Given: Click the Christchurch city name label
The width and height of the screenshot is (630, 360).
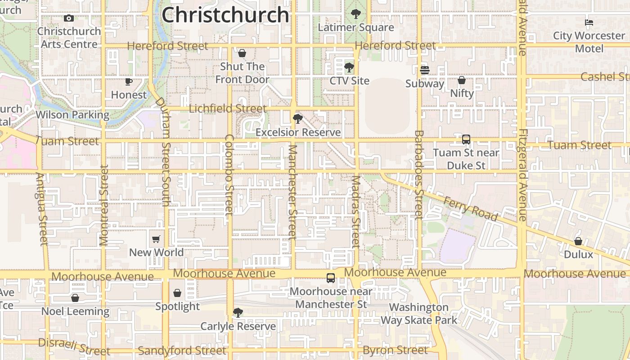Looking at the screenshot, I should (x=225, y=15).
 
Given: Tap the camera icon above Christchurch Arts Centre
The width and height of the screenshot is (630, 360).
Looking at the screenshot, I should (x=69, y=18).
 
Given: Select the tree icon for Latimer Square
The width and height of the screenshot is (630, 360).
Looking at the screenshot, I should (x=356, y=14).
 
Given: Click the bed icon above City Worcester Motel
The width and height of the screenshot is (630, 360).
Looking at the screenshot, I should (x=589, y=22).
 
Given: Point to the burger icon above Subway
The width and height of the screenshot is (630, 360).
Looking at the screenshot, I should (x=425, y=70).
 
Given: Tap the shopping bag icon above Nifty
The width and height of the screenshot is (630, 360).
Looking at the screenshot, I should (x=462, y=81).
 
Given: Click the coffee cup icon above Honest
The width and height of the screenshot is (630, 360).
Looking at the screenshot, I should (x=129, y=81).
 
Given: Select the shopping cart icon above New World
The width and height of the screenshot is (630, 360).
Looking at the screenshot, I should (x=156, y=239).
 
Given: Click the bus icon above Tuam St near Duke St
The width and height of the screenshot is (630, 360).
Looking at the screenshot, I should (x=466, y=139).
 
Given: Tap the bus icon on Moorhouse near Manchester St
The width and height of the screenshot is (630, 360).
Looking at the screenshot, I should (x=331, y=278).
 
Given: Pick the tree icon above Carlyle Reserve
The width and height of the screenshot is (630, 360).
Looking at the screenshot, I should (x=238, y=312).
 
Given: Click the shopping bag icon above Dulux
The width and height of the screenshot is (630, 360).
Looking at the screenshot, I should (x=578, y=241).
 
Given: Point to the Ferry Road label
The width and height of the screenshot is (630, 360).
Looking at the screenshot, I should (x=470, y=208).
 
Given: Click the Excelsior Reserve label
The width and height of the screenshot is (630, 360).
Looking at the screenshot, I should (x=298, y=133).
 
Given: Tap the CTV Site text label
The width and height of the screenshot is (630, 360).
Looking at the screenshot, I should (x=349, y=81).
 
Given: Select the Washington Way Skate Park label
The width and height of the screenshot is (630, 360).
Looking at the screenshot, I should (x=419, y=314).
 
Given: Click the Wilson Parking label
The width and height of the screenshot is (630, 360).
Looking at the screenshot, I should (x=72, y=115).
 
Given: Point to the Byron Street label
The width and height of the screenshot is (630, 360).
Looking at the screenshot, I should (x=395, y=350).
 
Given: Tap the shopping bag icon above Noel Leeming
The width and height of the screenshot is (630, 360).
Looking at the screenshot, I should (x=75, y=298).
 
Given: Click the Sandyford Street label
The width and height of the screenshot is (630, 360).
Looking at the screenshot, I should (x=182, y=351).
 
